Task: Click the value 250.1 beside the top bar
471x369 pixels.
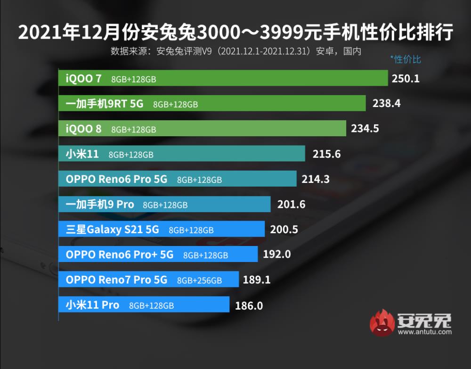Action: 405,78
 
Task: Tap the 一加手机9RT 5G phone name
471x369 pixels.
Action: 105,104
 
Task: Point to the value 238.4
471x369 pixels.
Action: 386,103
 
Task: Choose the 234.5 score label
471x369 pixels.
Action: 365,128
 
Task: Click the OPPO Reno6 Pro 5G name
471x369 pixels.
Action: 116,179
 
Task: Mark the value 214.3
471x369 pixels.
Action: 315,179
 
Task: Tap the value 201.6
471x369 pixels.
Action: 290,205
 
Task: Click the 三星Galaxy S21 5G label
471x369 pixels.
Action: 113,230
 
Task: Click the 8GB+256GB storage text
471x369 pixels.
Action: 199,280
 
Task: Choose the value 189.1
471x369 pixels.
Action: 257,280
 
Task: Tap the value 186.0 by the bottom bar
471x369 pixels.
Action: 248,306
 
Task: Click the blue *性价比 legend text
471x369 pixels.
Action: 405,59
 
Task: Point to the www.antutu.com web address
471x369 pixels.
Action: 424,332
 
